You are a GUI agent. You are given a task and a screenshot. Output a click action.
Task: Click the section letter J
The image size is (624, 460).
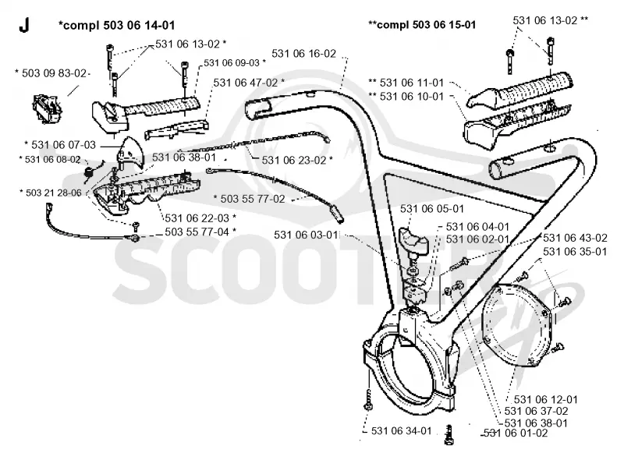pyautogui.click(x=24, y=25)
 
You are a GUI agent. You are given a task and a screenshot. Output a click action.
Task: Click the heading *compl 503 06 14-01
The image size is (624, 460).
pyautogui.click(x=116, y=25)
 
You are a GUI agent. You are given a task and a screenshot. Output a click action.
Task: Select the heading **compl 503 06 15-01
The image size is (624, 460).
pyautogui.click(x=422, y=25)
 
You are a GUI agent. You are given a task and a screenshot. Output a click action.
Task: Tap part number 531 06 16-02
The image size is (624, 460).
pyautogui.click(x=303, y=53)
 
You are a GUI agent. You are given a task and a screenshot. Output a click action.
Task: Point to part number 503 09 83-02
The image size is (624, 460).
pyautogui.click(x=54, y=73)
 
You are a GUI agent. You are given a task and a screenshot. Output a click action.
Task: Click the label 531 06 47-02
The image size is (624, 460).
pyautogui.click(x=246, y=83)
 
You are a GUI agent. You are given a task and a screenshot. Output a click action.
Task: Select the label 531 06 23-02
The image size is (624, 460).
pyautogui.click(x=294, y=160)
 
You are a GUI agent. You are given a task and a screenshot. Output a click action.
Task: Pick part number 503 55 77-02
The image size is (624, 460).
pyautogui.click(x=253, y=199)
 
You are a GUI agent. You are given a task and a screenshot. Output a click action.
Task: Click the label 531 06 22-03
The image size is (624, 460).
pyautogui.click(x=197, y=218)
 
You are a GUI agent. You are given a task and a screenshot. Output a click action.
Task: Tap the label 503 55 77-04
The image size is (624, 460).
pyautogui.click(x=197, y=232)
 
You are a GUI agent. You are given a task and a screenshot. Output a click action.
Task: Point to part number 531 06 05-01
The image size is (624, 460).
pyautogui.click(x=432, y=208)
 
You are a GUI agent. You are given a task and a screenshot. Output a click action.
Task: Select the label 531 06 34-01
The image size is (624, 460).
pyautogui.click(x=401, y=430)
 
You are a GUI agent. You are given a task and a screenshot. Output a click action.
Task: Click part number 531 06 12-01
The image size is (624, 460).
pyautogui.click(x=545, y=399)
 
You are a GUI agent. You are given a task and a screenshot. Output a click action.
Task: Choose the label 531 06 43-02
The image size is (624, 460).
pyautogui.click(x=575, y=238)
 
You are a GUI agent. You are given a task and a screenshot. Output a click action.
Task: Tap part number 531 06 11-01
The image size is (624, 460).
pyautogui.click(x=412, y=83)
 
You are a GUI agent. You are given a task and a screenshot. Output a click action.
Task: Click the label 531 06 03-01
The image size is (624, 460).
pyautogui.click(x=306, y=235)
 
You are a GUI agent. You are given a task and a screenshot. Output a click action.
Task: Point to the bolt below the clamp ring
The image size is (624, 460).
pyautogui.click(x=449, y=435)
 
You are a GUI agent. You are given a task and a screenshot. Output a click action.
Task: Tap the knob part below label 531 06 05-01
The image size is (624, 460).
pyautogui.click(x=413, y=240)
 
